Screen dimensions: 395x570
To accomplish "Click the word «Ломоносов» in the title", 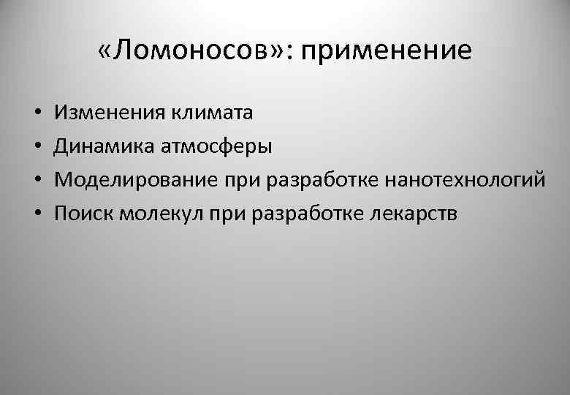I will coord(193,51).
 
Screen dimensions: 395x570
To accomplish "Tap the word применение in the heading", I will coord(387,52).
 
